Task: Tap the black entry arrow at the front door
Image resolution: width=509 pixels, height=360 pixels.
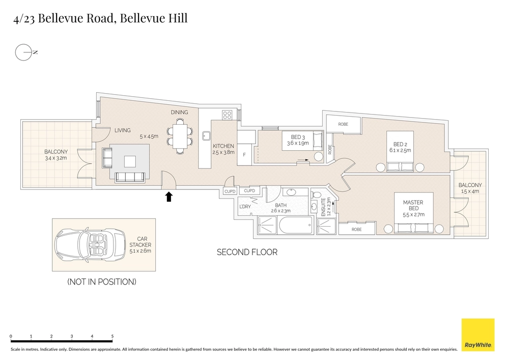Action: coord(168,197)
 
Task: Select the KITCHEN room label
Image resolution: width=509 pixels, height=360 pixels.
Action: coord(223,146)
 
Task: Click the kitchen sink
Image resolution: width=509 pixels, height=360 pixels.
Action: coord(206,136)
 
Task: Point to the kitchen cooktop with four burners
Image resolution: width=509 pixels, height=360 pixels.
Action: coord(228,115)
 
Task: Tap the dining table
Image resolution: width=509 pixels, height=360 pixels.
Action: coord(180,135)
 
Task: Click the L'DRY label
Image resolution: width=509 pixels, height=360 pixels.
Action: coord(245,206)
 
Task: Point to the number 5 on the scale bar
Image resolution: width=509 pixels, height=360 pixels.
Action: coord(112,337)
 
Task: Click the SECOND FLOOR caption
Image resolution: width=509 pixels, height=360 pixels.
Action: coord(247,252)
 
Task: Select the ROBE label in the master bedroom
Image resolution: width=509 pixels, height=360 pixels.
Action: coord(356,230)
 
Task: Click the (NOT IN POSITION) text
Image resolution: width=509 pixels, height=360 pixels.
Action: coord(102,282)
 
